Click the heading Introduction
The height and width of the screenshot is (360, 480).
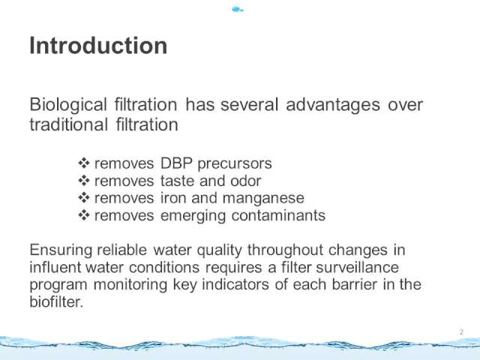pos(98,46)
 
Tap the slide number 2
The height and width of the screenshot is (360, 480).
pos(461,331)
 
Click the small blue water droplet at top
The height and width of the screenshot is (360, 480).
pos(238,10)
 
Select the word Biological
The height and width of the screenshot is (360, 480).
pos(68,105)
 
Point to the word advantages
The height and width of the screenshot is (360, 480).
pos(333,105)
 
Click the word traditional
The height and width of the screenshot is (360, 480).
pos(68,124)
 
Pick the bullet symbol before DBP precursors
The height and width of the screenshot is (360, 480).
pos(83,163)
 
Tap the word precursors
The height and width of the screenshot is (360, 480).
pos(235,164)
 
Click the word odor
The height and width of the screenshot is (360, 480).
pos(245,181)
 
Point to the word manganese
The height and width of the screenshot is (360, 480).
pos(263,199)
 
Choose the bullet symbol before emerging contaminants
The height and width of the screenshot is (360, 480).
pos(83,215)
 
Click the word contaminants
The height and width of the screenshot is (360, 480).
pos(278,215)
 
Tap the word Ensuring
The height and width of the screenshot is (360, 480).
pos(61,250)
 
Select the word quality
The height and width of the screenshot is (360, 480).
pos(220,250)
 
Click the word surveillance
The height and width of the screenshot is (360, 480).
pos(357,267)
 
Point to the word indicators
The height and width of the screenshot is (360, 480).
pos(235,284)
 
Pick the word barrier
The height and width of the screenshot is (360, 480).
pos(355,284)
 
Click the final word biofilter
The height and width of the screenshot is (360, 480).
pos(56,301)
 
